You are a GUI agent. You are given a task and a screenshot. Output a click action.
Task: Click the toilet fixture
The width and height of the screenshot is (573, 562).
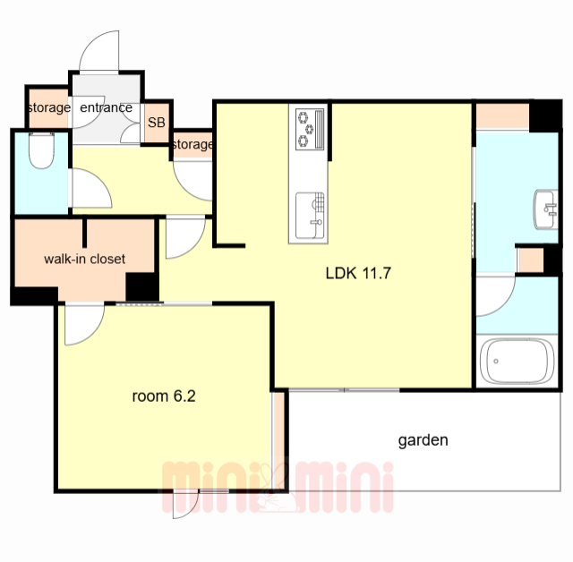41,150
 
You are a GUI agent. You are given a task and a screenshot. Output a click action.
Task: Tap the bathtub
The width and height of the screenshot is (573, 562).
517,361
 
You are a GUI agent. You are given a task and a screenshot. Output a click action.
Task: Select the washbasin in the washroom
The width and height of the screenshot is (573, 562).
546,209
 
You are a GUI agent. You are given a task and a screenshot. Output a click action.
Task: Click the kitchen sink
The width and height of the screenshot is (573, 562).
310,216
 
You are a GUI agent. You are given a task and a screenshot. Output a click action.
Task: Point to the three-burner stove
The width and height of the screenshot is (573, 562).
310,129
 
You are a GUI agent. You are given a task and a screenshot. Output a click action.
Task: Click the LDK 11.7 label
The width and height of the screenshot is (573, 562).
358,273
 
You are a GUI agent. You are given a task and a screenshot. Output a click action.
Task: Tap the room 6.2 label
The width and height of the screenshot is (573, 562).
164,396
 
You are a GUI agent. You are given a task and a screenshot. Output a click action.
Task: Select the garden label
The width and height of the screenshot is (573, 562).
423,440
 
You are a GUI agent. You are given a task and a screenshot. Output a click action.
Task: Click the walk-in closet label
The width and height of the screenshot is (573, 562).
84,259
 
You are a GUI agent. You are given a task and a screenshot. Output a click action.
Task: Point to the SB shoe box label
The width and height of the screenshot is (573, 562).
157,123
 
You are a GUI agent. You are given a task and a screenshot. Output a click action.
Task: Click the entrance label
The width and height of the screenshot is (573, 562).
106,107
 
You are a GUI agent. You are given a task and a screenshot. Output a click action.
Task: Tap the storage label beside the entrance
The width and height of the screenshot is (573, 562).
49,107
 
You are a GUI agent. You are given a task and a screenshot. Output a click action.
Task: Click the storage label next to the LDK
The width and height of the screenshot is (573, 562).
192,145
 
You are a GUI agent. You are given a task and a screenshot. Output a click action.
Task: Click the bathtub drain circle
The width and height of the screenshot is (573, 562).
496,362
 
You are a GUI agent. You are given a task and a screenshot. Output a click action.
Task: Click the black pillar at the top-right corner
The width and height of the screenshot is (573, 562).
545,115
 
